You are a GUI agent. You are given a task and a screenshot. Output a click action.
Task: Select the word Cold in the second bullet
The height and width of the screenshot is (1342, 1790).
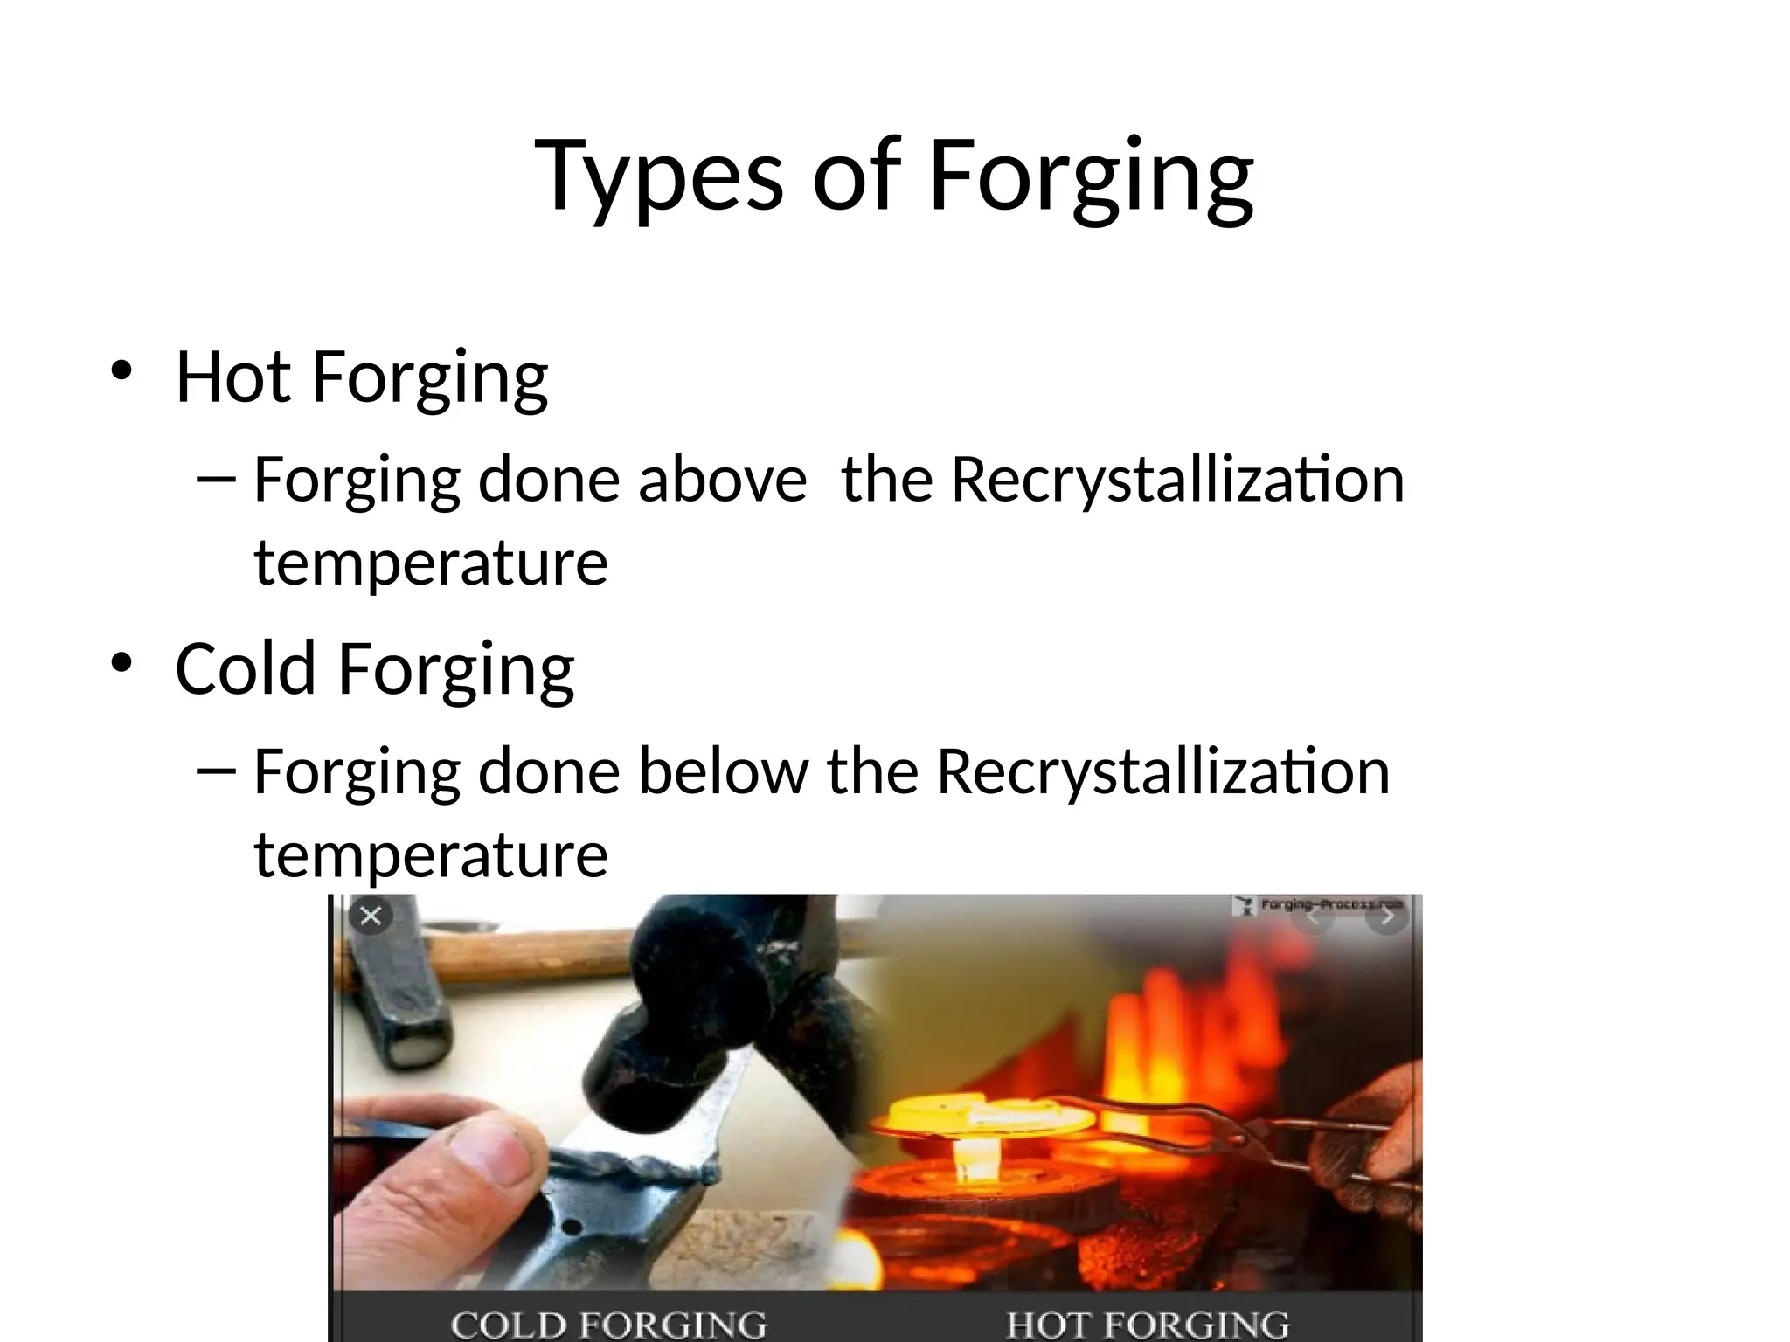[x=245, y=668]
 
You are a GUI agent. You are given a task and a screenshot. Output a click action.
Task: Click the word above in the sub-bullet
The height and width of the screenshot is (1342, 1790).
[x=722, y=480]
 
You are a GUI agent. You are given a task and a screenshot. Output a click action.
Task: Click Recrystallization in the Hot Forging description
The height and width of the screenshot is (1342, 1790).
[x=1177, y=480]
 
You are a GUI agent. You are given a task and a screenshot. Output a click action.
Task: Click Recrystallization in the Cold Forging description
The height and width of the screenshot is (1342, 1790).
[x=1162, y=771]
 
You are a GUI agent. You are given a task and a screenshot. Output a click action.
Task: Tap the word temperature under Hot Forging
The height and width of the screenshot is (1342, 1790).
[x=431, y=563]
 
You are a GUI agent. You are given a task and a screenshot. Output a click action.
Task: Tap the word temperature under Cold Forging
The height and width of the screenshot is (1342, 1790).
[x=431, y=854]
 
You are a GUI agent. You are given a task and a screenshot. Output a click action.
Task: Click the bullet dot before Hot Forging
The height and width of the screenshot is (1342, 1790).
[x=121, y=371]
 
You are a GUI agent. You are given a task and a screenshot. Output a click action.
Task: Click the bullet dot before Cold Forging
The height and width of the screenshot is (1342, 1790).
[x=121, y=662]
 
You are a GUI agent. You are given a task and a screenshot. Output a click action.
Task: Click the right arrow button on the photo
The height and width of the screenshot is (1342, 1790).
[x=1386, y=917]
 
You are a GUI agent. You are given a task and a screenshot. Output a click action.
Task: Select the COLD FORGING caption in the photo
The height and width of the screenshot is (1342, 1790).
[x=609, y=1325]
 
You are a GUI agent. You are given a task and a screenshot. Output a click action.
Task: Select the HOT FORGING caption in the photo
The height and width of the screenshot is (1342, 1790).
[x=1148, y=1325]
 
